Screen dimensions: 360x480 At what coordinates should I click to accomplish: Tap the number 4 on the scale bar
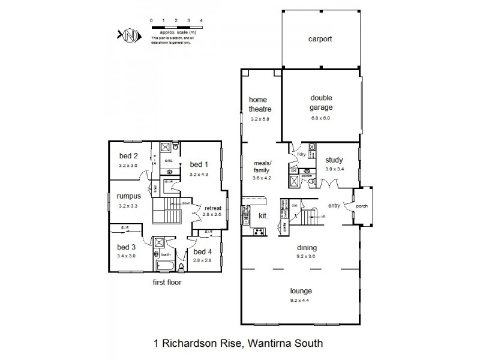(x=201, y=20)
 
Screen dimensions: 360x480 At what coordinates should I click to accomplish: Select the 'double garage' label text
(x=321, y=103)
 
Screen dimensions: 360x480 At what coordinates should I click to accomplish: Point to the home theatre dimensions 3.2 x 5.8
(x=260, y=119)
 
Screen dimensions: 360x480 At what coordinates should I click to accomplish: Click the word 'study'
(x=334, y=160)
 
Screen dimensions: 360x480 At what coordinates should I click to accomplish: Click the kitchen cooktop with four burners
(x=260, y=231)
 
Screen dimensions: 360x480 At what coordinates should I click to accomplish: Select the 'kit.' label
(x=262, y=214)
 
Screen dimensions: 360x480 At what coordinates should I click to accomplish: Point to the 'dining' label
(x=307, y=247)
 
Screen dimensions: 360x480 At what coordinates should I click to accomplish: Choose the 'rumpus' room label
(x=128, y=196)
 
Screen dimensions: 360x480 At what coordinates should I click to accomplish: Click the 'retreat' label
(x=213, y=208)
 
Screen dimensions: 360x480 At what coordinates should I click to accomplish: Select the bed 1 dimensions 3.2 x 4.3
(x=198, y=173)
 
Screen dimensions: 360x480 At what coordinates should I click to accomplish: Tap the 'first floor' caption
(x=167, y=281)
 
